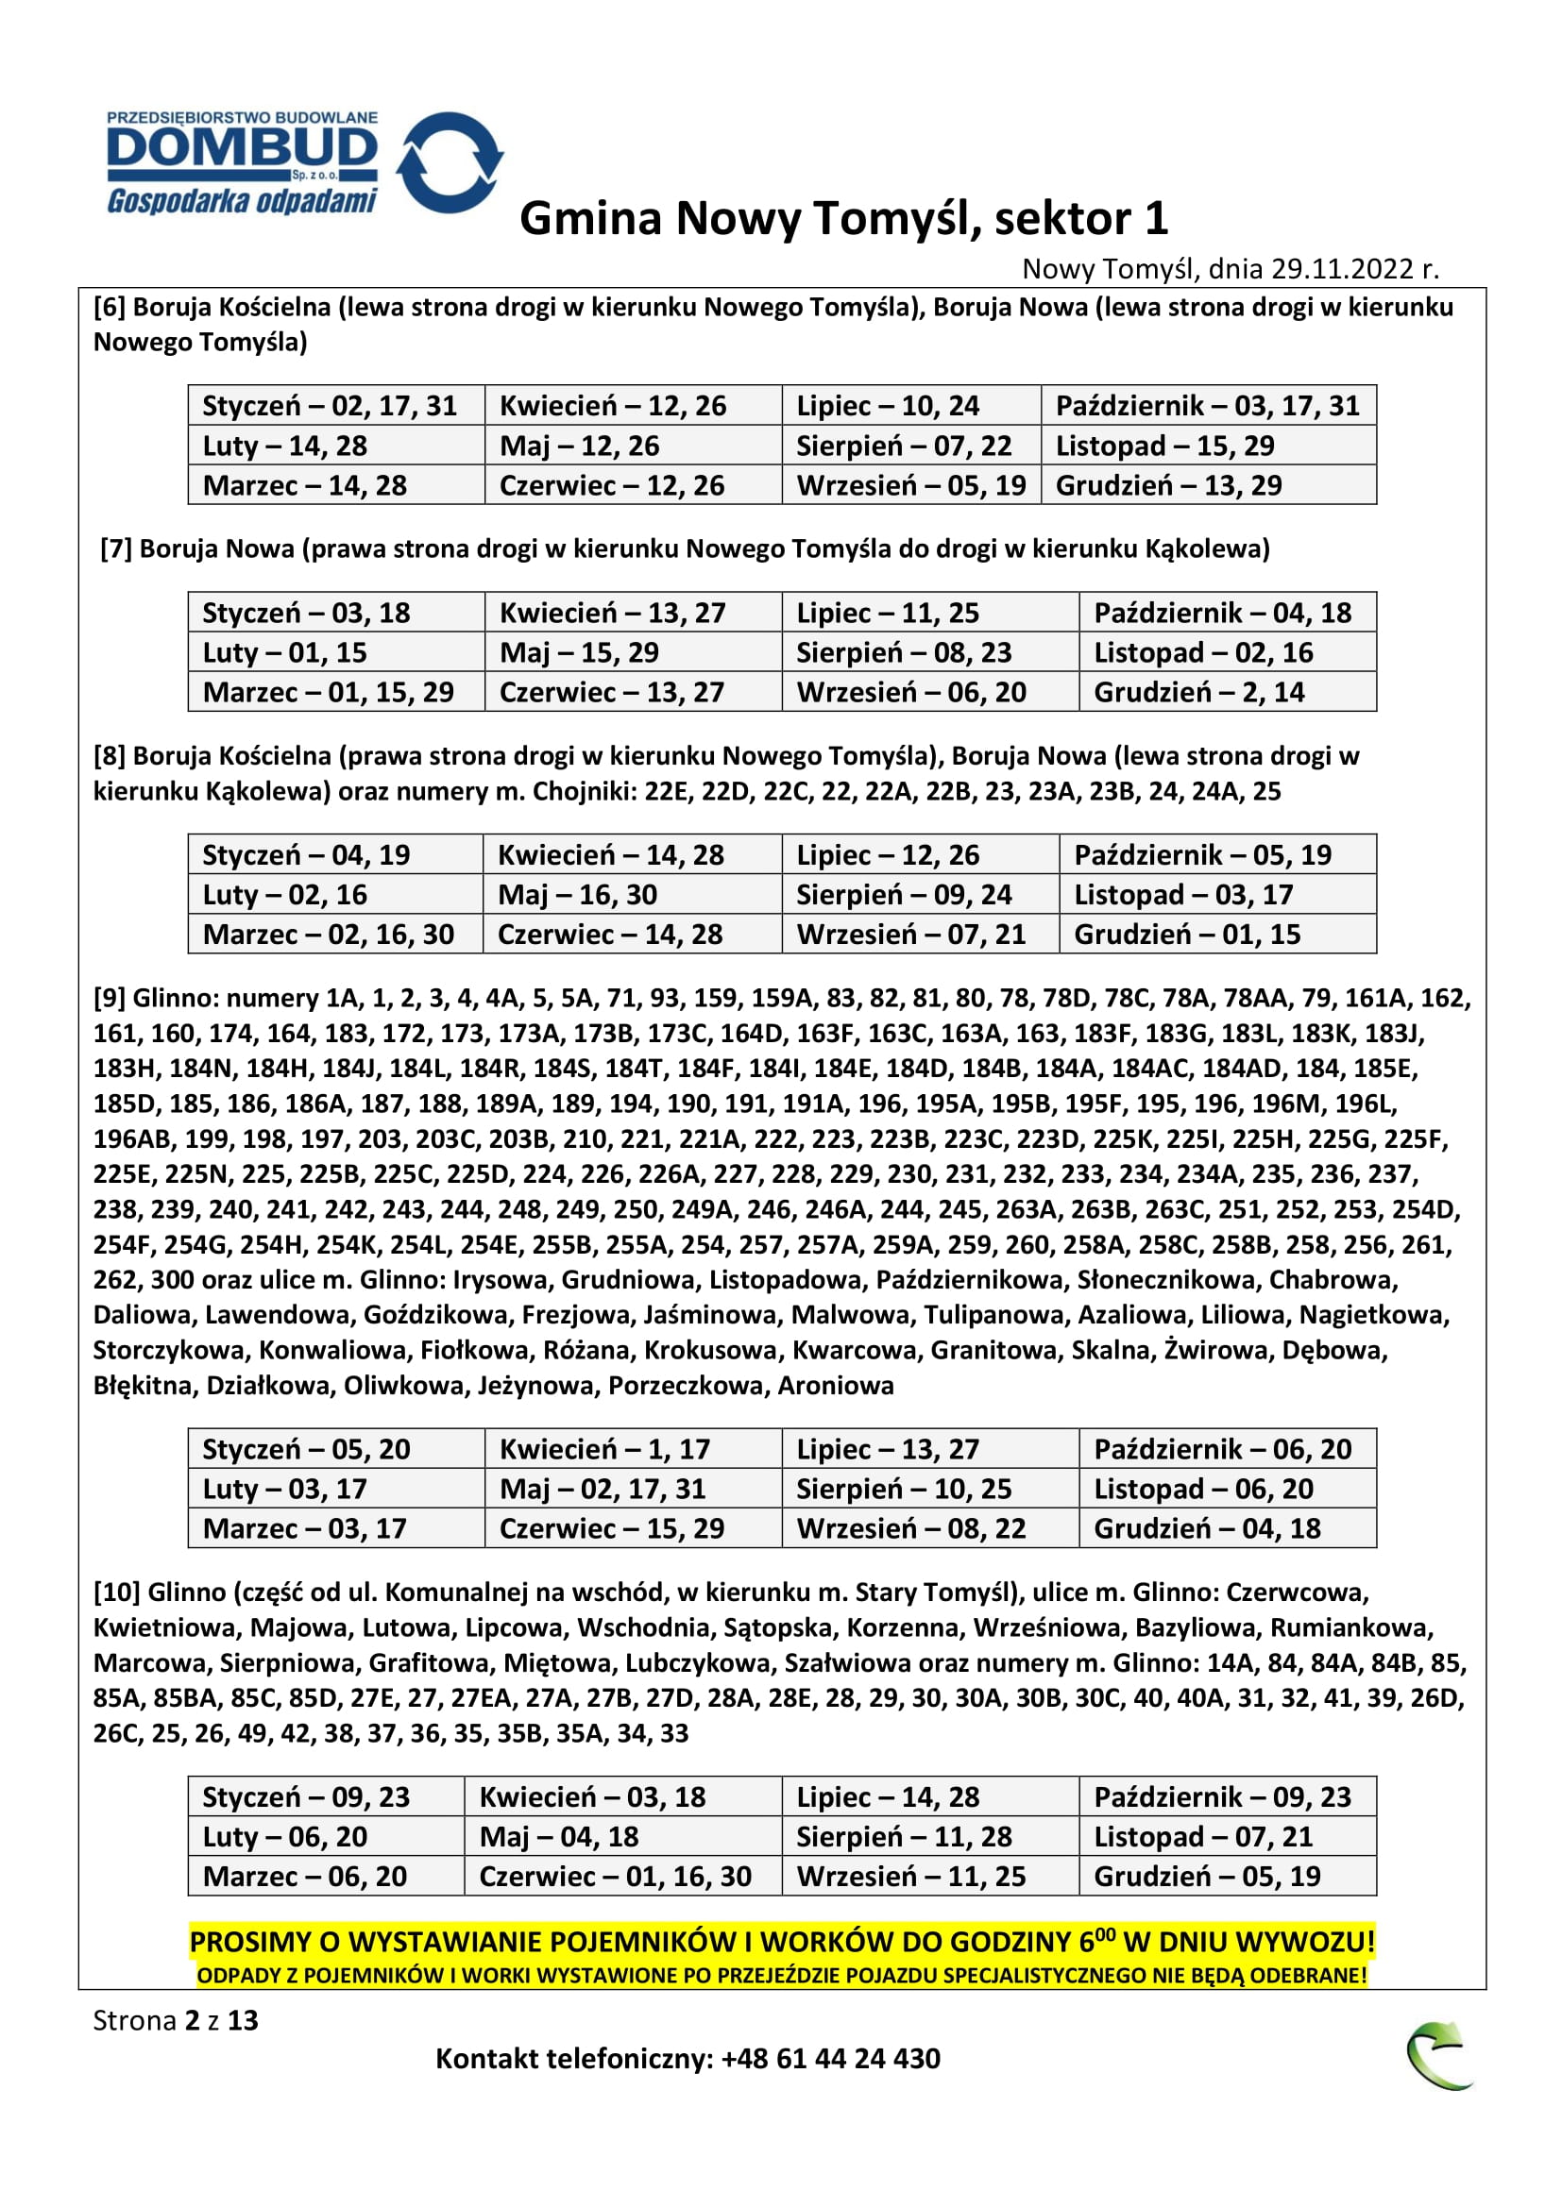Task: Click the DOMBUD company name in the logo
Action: point(242,150)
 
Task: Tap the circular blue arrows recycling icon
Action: point(450,161)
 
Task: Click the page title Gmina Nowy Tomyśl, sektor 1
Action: point(843,218)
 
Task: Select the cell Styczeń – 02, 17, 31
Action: point(329,406)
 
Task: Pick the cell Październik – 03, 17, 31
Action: point(1207,406)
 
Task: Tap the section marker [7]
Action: point(115,549)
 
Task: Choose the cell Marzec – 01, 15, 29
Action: point(328,692)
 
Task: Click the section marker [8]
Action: point(109,756)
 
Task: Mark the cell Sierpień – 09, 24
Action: point(903,895)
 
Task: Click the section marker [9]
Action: point(109,998)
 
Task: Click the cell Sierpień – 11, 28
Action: point(903,1837)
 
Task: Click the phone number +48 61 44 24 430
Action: point(830,2059)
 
